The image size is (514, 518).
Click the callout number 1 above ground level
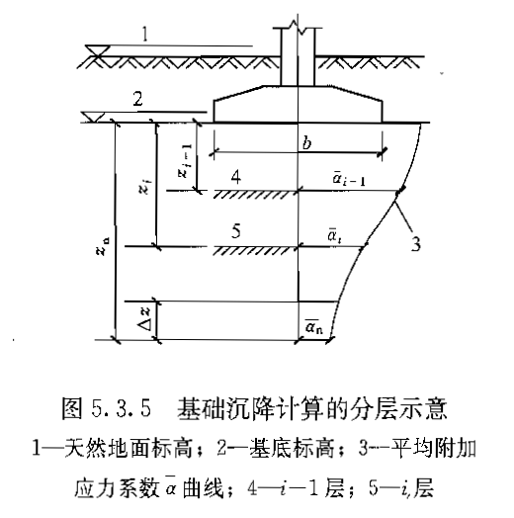coord(144,34)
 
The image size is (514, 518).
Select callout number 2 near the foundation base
coord(137,99)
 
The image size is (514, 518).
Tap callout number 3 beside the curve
coord(416,244)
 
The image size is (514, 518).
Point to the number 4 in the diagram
coord(236,177)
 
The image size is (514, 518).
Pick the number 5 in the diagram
coord(236,231)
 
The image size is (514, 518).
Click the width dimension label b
coord(306,143)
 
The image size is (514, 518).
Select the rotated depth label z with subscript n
coord(103,247)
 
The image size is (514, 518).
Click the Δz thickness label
coord(144,318)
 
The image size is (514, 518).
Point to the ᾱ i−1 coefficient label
coord(349,178)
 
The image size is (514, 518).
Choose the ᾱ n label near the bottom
coord(313,326)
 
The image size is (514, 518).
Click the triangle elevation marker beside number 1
coord(98,51)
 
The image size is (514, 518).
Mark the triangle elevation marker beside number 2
coord(93,118)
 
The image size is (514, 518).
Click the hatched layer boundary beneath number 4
coord(253,194)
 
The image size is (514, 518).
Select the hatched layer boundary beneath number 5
coord(253,251)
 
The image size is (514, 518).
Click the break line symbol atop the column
coord(298,26)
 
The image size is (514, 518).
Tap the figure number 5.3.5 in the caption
coord(122,408)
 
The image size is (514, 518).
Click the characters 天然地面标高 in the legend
coord(128,449)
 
